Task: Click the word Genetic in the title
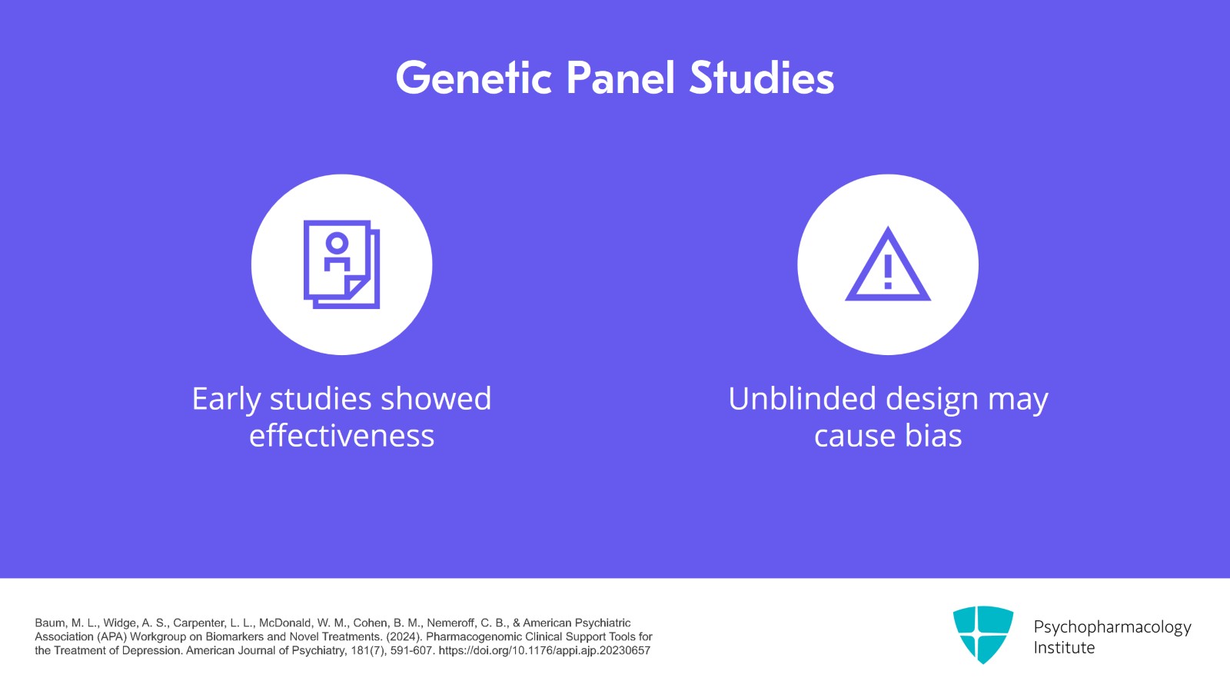pyautogui.click(x=474, y=78)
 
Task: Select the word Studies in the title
pyautogui.click(x=761, y=78)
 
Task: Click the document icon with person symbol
pyautogui.click(x=341, y=264)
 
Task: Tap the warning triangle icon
pyautogui.click(x=888, y=265)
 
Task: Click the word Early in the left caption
pyautogui.click(x=227, y=400)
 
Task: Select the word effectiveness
pyautogui.click(x=341, y=436)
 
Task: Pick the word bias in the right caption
pyautogui.click(x=933, y=436)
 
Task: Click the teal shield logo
pyautogui.click(x=982, y=634)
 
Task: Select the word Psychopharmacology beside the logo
pyautogui.click(x=1112, y=627)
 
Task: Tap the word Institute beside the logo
pyautogui.click(x=1064, y=648)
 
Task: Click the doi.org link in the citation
pyautogui.click(x=544, y=650)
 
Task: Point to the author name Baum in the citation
pyautogui.click(x=49, y=623)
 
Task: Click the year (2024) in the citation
pyautogui.click(x=404, y=636)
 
